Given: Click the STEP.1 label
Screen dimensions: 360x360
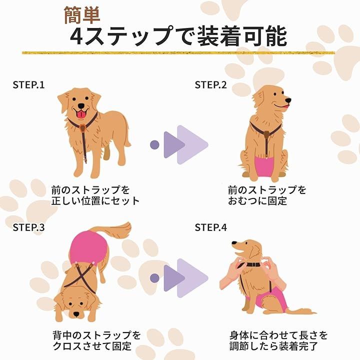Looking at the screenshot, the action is [x=28, y=85].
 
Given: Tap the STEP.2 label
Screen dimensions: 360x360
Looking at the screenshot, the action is [x=210, y=85].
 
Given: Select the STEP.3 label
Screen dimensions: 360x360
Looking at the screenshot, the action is [x=28, y=227].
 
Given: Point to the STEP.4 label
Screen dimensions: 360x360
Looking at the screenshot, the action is [x=211, y=227].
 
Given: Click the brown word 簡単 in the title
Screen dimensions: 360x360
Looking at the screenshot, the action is [x=82, y=15].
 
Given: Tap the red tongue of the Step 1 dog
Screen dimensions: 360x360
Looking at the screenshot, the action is [x=81, y=114].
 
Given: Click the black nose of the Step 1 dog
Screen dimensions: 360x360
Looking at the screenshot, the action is [x=81, y=106].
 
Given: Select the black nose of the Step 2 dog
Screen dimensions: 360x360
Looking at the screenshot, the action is [x=288, y=100].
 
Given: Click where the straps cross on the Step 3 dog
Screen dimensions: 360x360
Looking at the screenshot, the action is [x=82, y=276].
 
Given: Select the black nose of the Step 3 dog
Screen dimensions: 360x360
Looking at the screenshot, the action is [x=76, y=314].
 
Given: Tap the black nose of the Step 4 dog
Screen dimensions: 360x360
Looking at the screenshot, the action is [x=234, y=242].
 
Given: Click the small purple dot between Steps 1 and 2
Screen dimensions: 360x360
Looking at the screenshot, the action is [x=154, y=144].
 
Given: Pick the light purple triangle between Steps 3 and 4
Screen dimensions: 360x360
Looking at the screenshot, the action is [x=192, y=278].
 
